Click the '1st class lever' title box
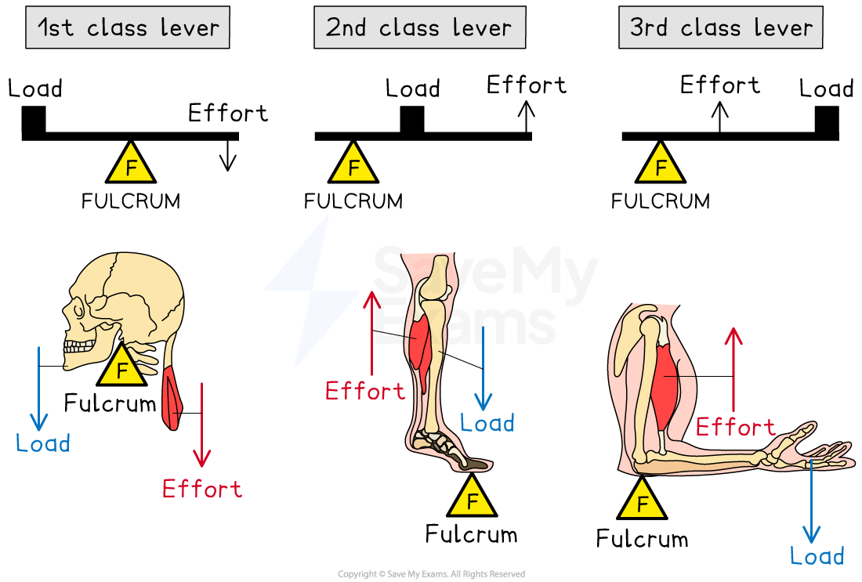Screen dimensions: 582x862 click(x=128, y=28)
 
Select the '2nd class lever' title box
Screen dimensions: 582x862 click(x=419, y=28)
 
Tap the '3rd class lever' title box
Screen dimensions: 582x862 click(x=720, y=28)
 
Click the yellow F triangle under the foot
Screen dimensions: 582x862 click(x=472, y=500)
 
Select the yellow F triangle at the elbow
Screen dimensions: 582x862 click(x=642, y=502)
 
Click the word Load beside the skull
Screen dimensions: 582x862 click(x=43, y=443)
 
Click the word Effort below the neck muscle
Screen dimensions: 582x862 click(x=202, y=490)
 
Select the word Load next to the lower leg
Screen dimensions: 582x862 click(x=487, y=424)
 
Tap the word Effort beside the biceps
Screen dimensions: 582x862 click(x=735, y=428)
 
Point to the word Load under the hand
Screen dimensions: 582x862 click(x=817, y=557)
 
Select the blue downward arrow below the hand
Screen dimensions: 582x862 click(x=811, y=501)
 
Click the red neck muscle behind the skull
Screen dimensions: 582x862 click(x=171, y=399)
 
